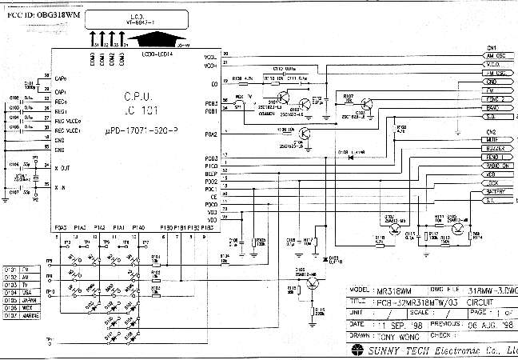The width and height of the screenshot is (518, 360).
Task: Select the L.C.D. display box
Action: pyautogui.click(x=137, y=18)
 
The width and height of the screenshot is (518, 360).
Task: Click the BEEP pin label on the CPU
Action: pyautogui.click(x=210, y=173)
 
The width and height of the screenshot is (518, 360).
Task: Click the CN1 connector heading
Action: pyautogui.click(x=491, y=47)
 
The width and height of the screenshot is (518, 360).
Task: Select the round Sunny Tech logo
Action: pyautogui.click(x=355, y=350)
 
